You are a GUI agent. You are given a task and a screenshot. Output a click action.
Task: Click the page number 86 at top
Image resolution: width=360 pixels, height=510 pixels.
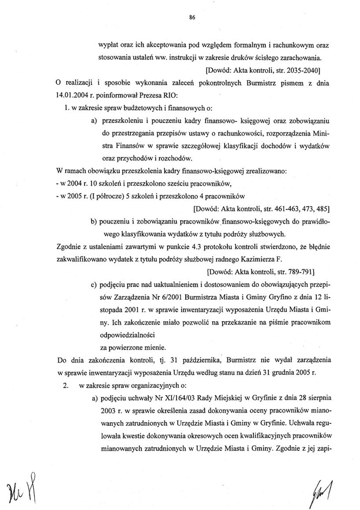(192, 17)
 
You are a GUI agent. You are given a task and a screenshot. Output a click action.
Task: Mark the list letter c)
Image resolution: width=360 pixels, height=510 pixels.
(94, 284)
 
